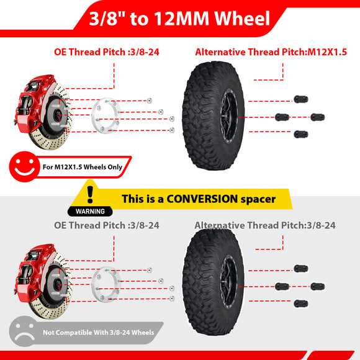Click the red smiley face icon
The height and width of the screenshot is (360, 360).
(24, 166)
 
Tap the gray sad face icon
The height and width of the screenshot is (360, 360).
(24, 331)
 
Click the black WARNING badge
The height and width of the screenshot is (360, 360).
(90, 211)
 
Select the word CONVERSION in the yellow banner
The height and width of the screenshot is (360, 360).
(202, 199)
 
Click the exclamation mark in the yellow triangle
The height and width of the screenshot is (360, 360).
(90, 194)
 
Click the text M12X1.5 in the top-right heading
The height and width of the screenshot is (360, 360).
(327, 52)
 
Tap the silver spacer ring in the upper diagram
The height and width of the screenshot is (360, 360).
(106, 115)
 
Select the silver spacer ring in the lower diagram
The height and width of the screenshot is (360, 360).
(106, 285)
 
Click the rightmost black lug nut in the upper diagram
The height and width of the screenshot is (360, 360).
(318, 117)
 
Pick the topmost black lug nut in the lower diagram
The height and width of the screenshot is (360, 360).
(301, 268)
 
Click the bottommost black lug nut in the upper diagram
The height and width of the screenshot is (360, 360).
(301, 134)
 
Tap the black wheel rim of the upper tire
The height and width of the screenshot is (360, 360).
(228, 117)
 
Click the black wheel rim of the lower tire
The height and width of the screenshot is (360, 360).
(228, 286)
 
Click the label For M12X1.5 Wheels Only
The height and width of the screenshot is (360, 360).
(83, 167)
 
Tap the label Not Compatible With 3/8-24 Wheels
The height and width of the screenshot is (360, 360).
(99, 333)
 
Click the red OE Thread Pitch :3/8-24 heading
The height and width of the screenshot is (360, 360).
(107, 52)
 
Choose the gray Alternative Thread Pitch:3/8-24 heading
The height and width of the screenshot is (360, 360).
(265, 225)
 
